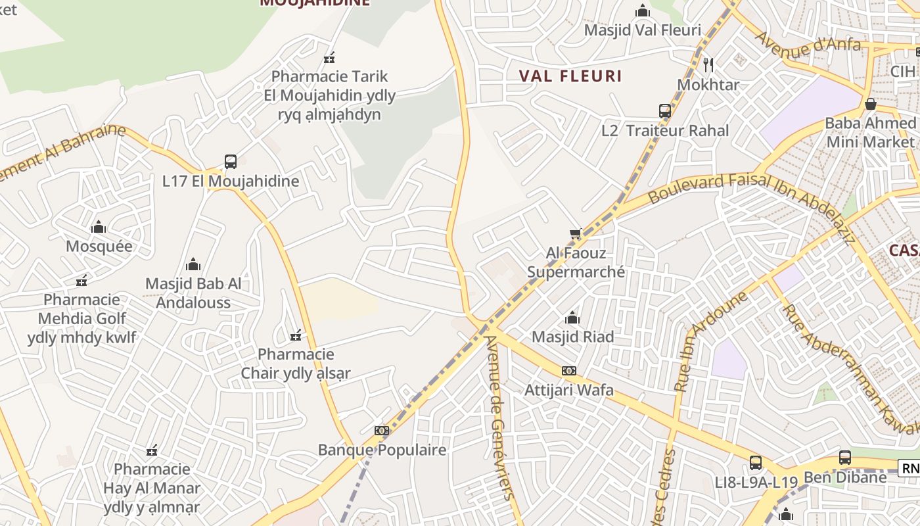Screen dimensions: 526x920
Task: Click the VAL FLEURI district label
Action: pos(570,76)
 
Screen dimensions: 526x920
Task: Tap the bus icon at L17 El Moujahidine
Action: pos(231,162)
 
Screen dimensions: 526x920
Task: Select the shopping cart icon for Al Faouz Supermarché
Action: pos(576,234)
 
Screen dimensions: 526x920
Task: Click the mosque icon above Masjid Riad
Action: pos(572,318)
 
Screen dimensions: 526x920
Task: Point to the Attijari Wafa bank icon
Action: pos(569,371)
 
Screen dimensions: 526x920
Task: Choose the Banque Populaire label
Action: pos(382,450)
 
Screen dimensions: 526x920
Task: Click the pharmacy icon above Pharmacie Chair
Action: pos(296,335)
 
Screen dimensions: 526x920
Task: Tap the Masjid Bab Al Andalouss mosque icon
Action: pos(193,264)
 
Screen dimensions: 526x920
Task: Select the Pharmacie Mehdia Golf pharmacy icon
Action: pos(81,281)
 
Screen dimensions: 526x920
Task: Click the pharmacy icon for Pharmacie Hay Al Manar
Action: pos(152,450)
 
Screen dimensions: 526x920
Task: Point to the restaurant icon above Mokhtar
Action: pos(708,65)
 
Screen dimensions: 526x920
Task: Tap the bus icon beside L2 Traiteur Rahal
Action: pos(665,111)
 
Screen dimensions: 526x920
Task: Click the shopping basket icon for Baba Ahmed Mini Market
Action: pos(871,104)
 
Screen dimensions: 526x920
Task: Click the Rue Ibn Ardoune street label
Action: pos(712,342)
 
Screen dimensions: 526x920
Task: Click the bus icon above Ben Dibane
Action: pos(845,458)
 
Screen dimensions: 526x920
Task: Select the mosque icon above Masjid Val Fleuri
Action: pos(643,11)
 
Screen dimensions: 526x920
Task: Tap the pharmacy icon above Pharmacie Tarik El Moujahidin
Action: pos(330,58)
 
